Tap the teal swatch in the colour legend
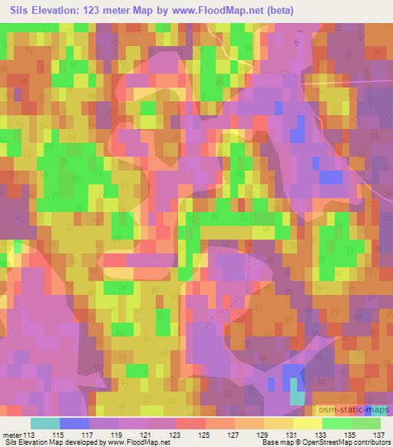45,423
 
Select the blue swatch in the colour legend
74,423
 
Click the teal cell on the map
296,397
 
